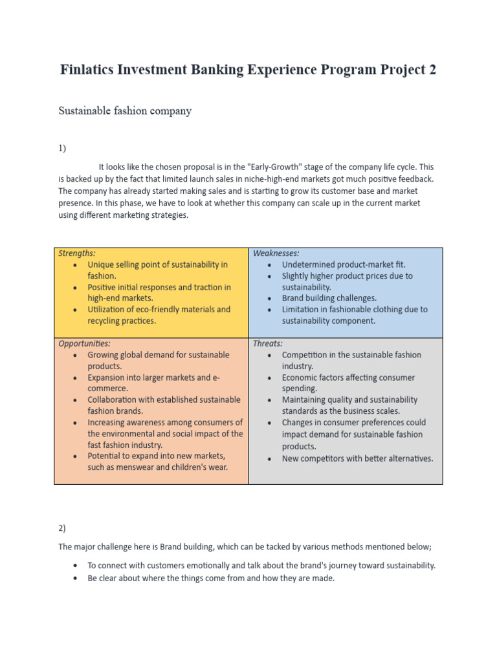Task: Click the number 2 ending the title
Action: click(432, 70)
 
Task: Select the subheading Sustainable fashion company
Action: click(125, 111)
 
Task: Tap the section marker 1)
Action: click(62, 149)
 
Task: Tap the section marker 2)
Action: click(62, 528)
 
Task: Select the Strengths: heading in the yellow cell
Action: click(77, 253)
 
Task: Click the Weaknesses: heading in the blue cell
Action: click(276, 253)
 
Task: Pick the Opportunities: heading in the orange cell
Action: click(84, 343)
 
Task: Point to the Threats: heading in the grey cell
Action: click(267, 343)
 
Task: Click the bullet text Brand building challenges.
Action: click(329, 299)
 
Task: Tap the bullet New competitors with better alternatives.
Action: click(357, 458)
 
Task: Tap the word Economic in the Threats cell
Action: click(301, 378)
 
